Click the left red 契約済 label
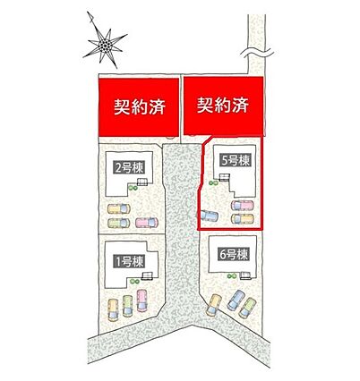pyautogui.click(x=139, y=107)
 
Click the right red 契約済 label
pyautogui.click(x=223, y=106)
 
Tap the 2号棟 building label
pyautogui.click(x=129, y=168)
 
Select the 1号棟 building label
pyautogui.click(x=129, y=261)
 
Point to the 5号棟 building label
pyautogui.click(x=236, y=161)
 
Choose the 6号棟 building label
pyautogui.click(x=234, y=255)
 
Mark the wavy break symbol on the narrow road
pyautogui.click(x=258, y=52)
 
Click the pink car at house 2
pyautogui.click(x=147, y=223)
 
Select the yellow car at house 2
pyautogui.click(x=119, y=208)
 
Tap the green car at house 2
pyautogui.click(x=119, y=223)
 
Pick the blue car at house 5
pyautogui.click(x=210, y=216)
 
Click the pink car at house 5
pyautogui.click(x=243, y=206)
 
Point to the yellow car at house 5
pyautogui.click(x=243, y=219)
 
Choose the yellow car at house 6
pyautogui.click(x=214, y=305)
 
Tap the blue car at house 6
pyautogui.click(x=236, y=301)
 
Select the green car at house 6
pyautogui.click(x=247, y=309)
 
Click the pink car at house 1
pyautogui.click(x=142, y=301)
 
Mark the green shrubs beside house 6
pyautogui.click(x=230, y=276)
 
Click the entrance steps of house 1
pyautogui.click(x=146, y=276)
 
